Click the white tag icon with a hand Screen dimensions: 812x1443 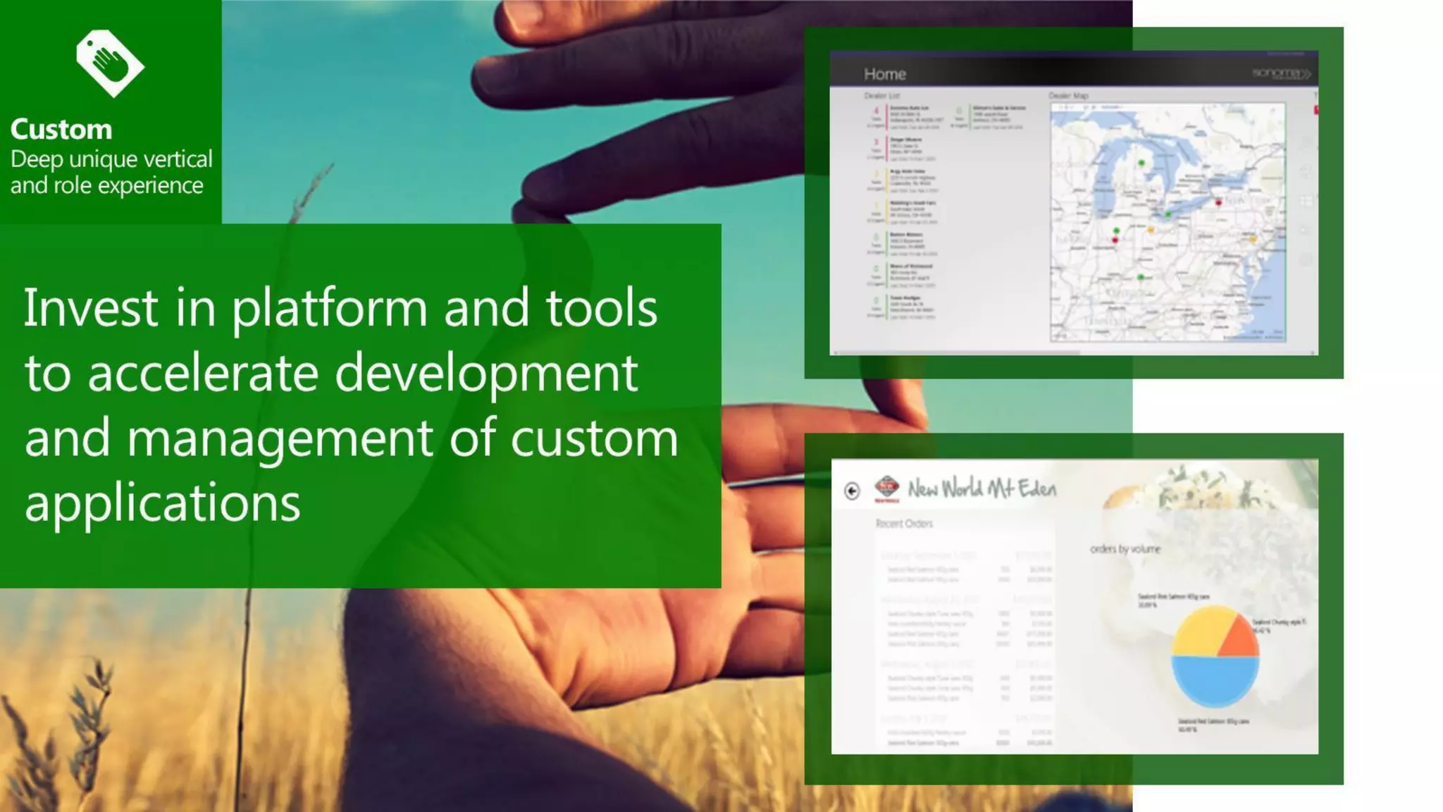[110, 63]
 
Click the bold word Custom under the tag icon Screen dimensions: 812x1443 [61, 130]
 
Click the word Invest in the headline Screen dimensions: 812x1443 [91, 308]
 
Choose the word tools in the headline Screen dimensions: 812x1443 [602, 308]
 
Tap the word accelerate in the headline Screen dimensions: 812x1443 [203, 374]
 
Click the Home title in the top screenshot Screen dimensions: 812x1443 [885, 74]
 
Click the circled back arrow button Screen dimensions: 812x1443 [852, 491]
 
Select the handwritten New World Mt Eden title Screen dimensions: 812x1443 [981, 488]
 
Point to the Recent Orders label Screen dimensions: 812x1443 [904, 524]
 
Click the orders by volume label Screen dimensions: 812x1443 [1125, 549]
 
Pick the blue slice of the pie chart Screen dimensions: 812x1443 [1214, 681]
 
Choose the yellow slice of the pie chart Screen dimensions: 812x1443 [1200, 632]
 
